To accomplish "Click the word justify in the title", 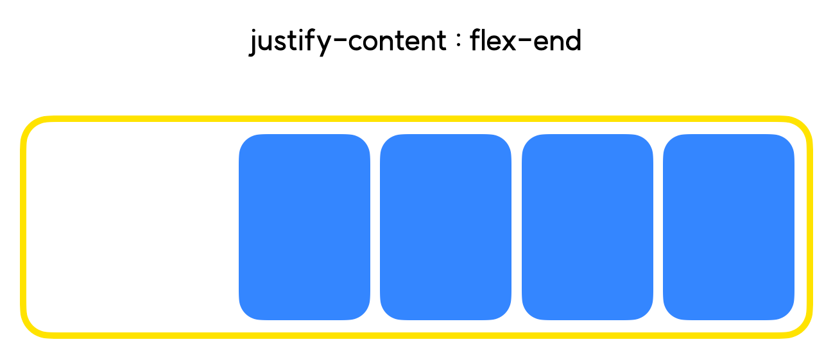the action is [290, 42].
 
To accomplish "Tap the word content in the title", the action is [397, 40].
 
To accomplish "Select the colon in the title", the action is [458, 40].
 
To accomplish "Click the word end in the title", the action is [557, 40].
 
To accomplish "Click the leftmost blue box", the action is [304, 227].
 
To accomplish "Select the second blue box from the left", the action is [445, 227].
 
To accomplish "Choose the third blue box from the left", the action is [587, 227].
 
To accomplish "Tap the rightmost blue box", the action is [728, 227].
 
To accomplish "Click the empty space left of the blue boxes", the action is [133, 227].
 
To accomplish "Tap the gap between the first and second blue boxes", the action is [375, 227].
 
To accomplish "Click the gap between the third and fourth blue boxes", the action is [658, 227].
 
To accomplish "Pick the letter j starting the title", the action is [253, 42].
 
